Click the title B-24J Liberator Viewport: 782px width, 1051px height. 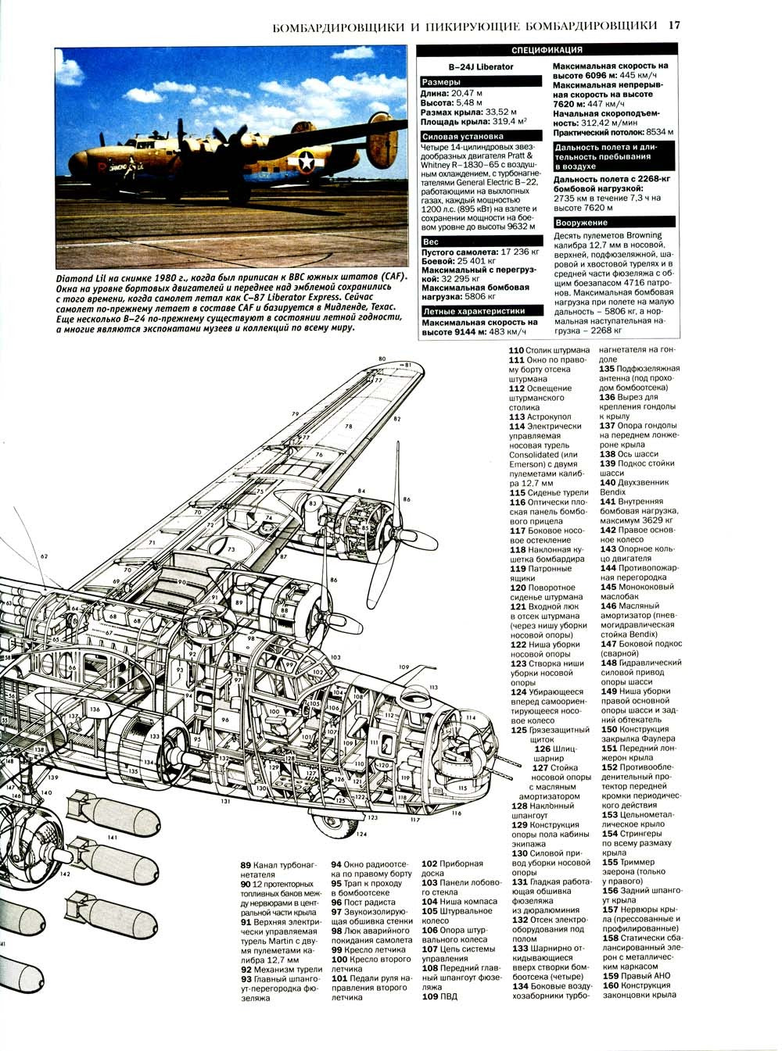pyautogui.click(x=486, y=66)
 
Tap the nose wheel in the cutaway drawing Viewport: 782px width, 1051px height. pyautogui.click(x=332, y=825)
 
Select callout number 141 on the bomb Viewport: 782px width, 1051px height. pyautogui.click(x=113, y=837)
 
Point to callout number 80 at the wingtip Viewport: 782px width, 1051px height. pyautogui.click(x=382, y=359)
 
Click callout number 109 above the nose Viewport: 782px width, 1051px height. pyautogui.click(x=404, y=667)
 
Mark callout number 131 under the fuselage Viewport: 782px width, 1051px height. pyautogui.click(x=226, y=801)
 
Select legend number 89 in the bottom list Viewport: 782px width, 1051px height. pyautogui.click(x=246, y=865)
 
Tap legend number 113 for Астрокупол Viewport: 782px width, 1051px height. pyautogui.click(x=517, y=417)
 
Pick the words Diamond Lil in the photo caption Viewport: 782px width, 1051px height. pyautogui.click(x=81, y=278)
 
